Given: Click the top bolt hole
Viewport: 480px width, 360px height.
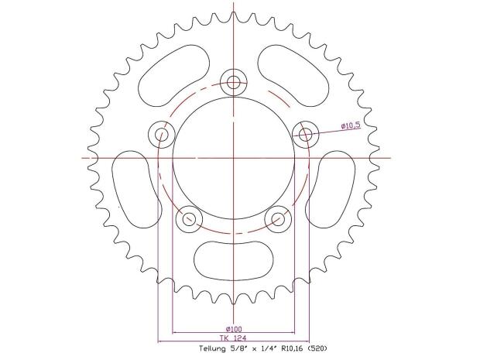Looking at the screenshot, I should click(233, 81).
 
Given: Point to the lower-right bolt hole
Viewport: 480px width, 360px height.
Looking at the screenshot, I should click(277, 219).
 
